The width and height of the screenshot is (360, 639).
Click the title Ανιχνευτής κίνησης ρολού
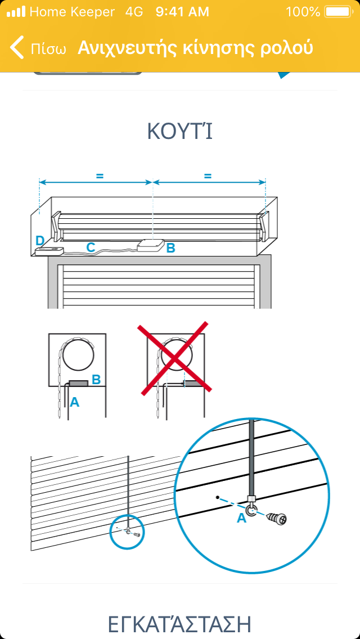(x=195, y=48)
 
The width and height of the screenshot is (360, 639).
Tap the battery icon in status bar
(x=338, y=12)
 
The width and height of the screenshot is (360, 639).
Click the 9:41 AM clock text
(x=182, y=12)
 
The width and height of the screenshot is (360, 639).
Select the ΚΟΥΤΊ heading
(x=180, y=131)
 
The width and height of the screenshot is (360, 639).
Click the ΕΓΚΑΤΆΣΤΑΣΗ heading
(x=180, y=624)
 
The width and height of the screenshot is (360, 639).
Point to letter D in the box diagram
(x=39, y=240)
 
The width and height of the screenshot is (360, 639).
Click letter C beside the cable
(x=91, y=247)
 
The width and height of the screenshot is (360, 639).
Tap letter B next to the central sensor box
(x=171, y=247)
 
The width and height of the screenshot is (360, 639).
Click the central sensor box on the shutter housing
(x=151, y=246)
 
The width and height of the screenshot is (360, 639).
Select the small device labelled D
(x=49, y=251)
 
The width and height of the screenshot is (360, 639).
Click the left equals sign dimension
(x=100, y=176)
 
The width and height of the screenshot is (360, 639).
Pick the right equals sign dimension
(x=208, y=176)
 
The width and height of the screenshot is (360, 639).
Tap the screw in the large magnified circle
(x=276, y=518)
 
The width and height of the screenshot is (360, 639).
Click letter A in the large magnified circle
(x=242, y=517)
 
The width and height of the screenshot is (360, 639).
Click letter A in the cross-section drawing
(x=74, y=402)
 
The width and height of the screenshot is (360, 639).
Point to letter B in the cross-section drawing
(x=96, y=379)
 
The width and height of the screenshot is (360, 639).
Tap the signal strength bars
(x=16, y=12)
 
